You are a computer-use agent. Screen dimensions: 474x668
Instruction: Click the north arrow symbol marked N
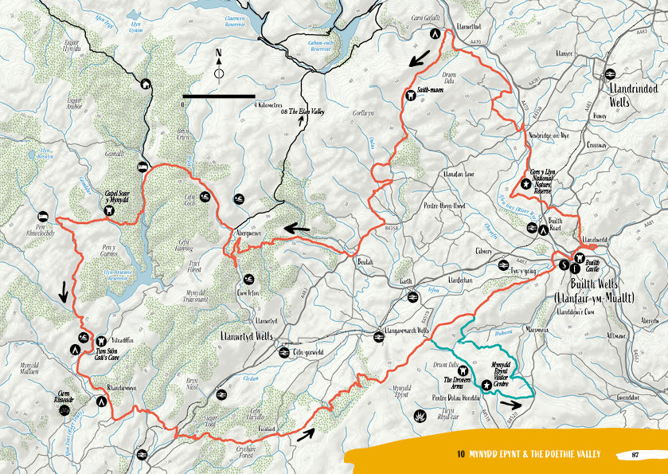pos(219,68)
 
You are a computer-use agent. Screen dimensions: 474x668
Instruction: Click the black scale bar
pos(219,96)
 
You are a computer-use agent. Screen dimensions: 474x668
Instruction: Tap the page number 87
pos(635,455)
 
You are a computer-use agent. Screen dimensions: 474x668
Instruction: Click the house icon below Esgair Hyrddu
pos(146,84)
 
